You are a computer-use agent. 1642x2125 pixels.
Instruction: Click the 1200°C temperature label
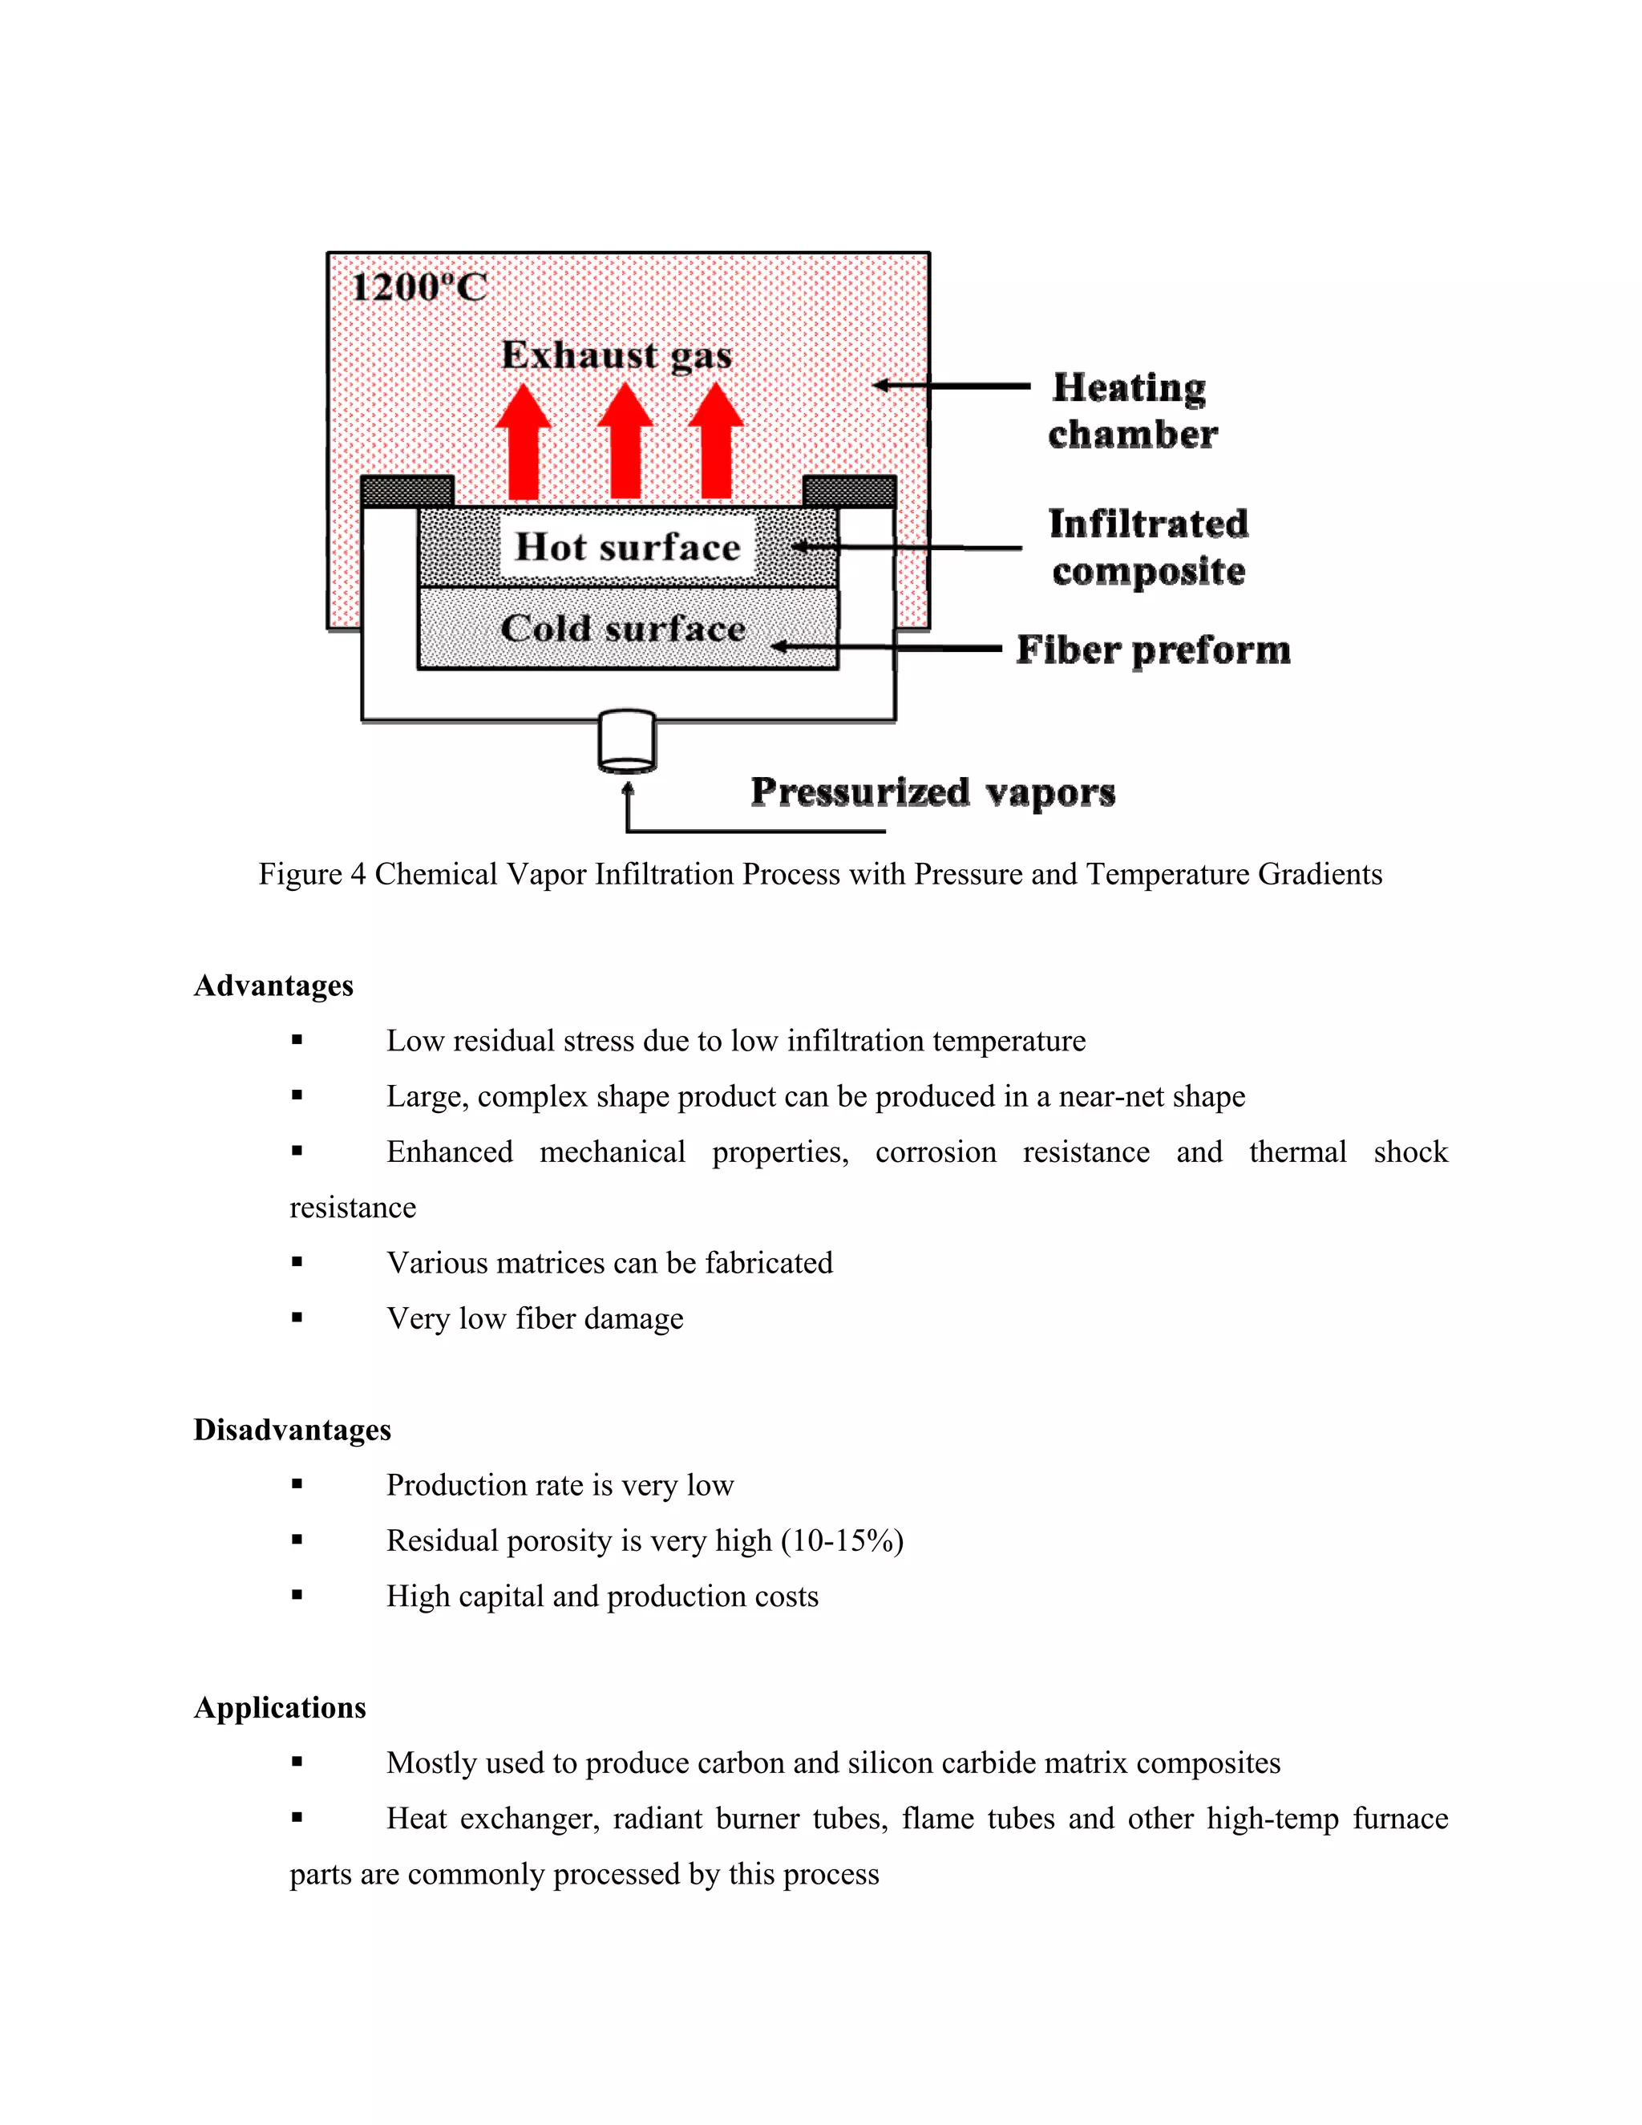click(x=419, y=287)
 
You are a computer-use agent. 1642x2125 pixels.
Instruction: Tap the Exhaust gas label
click(x=617, y=355)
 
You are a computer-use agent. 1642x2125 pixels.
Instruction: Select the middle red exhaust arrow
click(x=625, y=442)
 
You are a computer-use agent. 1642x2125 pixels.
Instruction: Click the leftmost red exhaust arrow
click(x=524, y=442)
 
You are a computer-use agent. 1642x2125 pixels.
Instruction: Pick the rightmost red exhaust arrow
click(x=716, y=442)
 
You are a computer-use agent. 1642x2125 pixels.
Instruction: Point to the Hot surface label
click(x=628, y=547)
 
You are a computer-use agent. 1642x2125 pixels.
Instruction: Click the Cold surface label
click(x=622, y=629)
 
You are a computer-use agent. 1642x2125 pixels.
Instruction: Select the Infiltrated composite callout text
click(x=1148, y=547)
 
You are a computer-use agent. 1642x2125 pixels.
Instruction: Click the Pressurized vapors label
click(x=933, y=792)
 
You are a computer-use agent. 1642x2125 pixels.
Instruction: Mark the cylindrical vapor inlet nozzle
click(x=628, y=742)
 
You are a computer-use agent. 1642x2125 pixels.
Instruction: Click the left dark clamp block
click(x=407, y=492)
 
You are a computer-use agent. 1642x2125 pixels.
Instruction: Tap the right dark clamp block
click(x=849, y=492)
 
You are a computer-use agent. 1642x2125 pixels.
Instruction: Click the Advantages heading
click(x=273, y=986)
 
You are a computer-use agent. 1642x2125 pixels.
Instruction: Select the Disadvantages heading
click(x=292, y=1429)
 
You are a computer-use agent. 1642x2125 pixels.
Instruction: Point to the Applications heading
click(x=279, y=1707)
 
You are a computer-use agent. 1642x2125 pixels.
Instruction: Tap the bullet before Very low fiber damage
click(x=297, y=1317)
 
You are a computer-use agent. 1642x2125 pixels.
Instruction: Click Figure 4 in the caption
click(x=311, y=875)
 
